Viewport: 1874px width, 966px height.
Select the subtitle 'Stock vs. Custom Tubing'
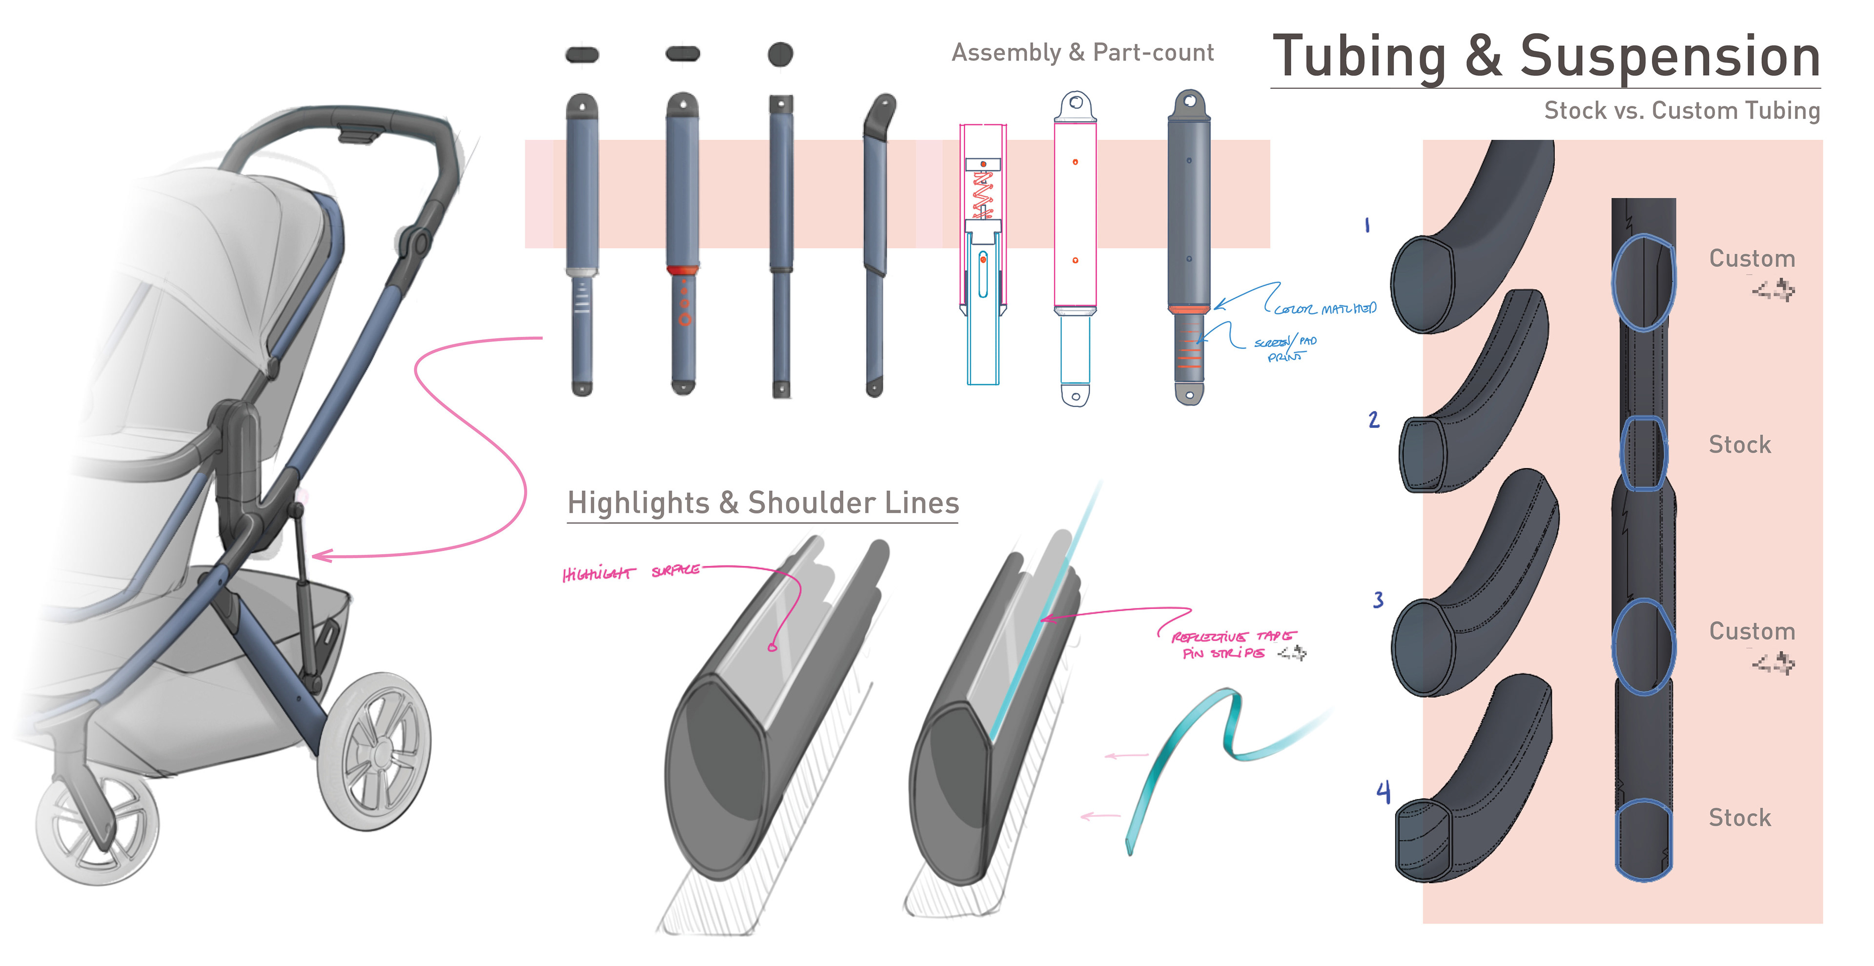point(1681,111)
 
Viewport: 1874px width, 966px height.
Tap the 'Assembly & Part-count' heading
point(1082,52)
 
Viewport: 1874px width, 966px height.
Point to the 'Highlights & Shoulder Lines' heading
point(762,503)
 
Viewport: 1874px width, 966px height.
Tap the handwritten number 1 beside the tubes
point(1367,226)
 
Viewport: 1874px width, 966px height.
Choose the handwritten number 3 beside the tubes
point(1378,600)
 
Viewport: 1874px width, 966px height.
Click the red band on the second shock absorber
point(682,270)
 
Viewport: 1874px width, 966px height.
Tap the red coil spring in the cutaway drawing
point(983,193)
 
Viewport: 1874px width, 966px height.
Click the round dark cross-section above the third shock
point(780,54)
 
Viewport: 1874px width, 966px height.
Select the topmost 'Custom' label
point(1752,259)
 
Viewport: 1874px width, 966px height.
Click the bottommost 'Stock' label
point(1739,818)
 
